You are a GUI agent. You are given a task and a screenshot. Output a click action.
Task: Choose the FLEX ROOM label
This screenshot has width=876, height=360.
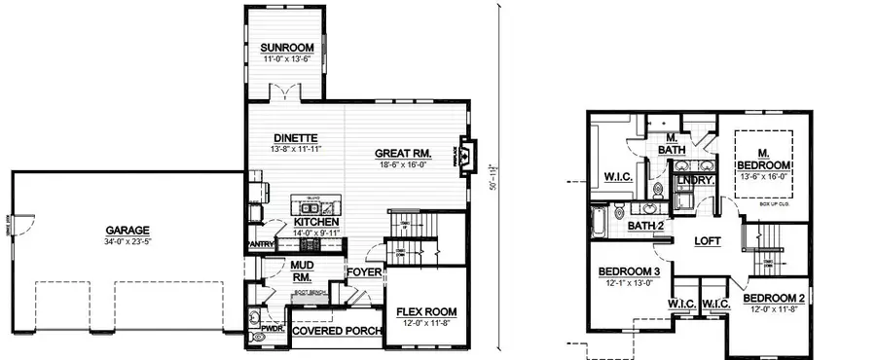click(426, 312)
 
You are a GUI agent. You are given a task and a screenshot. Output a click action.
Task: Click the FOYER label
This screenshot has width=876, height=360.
click(366, 272)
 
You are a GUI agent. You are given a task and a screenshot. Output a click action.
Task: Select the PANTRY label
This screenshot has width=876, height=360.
click(261, 244)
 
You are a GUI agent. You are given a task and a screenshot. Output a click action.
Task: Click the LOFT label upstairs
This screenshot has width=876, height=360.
click(707, 240)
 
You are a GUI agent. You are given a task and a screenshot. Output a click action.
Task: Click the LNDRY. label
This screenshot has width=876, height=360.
click(696, 180)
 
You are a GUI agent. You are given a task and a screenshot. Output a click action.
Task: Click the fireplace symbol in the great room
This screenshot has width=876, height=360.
click(466, 154)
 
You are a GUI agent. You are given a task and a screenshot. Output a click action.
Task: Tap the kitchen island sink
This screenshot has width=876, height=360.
click(329, 207)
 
